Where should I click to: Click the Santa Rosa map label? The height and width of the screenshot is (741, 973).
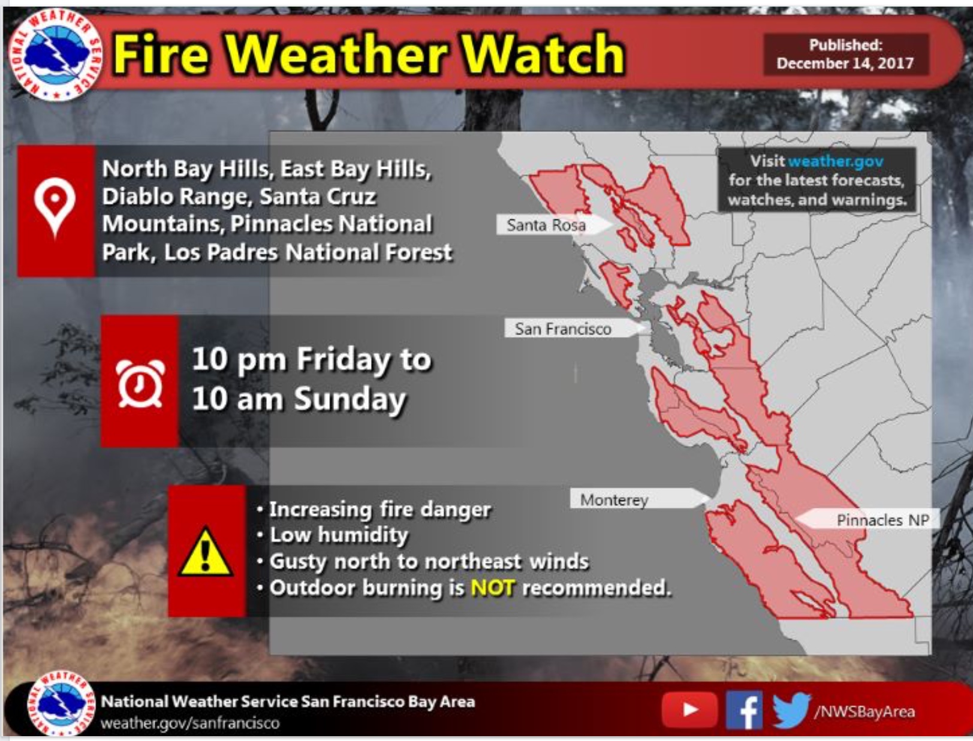pos(546,225)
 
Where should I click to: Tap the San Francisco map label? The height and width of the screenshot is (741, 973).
pos(563,329)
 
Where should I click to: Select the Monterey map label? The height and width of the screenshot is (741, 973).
pos(614,499)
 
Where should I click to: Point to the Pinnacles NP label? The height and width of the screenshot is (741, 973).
pos(882,520)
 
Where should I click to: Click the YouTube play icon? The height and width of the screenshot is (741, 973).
pos(689,710)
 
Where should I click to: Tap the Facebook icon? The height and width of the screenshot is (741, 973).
pos(744,710)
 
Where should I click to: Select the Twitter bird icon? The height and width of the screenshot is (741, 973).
pos(791,710)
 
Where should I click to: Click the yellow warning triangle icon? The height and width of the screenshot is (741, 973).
pos(206,553)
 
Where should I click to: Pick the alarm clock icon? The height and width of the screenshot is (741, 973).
pos(140,382)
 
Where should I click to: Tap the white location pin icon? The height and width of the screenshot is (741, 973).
pos(55,207)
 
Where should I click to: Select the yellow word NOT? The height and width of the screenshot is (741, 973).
pos(492,588)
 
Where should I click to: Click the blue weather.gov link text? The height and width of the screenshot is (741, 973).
pos(835,161)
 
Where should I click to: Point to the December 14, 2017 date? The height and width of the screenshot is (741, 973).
pos(845,64)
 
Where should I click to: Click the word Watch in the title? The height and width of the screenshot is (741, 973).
pos(543,55)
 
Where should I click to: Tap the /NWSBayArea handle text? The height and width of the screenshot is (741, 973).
pos(864,712)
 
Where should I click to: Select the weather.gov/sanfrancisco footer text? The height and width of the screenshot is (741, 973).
pos(190,723)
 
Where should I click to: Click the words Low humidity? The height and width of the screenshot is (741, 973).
pos(339,535)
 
